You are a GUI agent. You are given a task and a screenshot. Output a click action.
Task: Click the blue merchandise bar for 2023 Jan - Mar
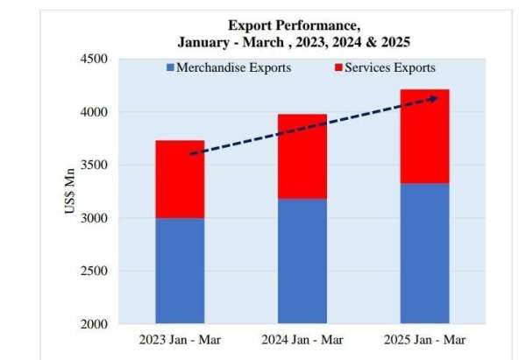[180, 271]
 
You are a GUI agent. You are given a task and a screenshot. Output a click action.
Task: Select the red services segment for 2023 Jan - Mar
[180, 180]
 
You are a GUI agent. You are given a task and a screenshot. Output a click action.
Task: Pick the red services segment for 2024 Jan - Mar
[302, 157]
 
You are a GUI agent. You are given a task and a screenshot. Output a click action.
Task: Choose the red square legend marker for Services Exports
[338, 67]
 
